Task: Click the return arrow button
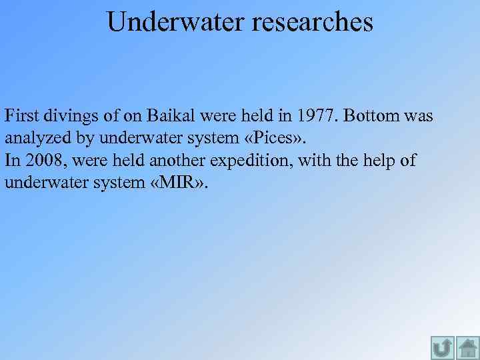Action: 443,348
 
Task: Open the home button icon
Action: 468,348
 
